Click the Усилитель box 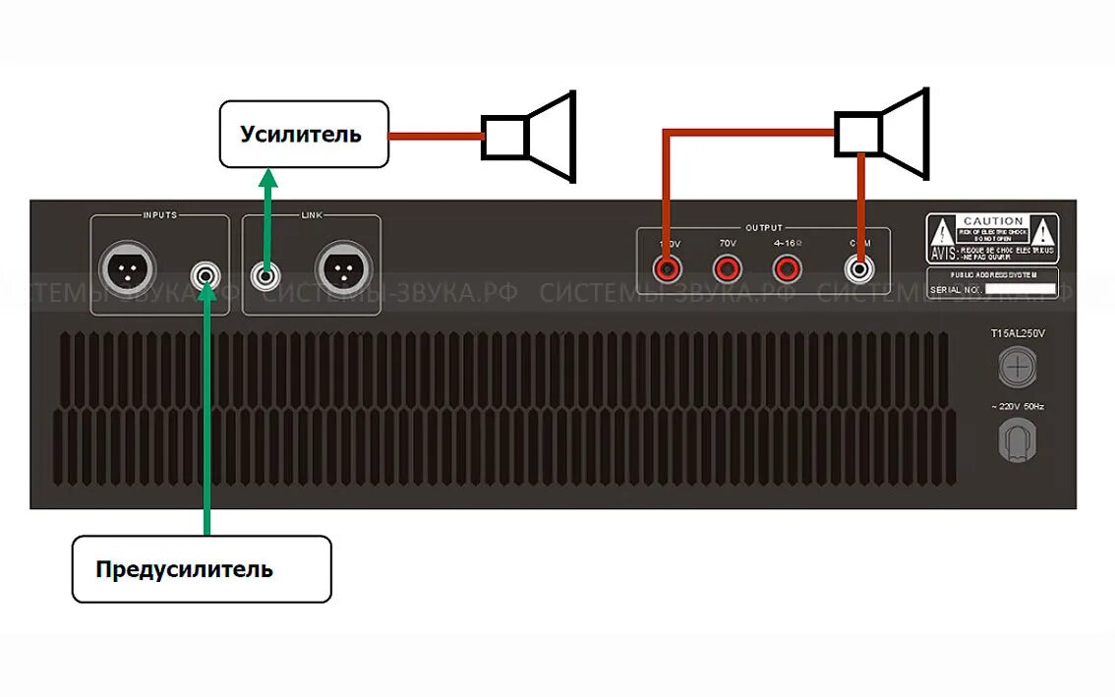[x=303, y=134]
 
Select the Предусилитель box [x=202, y=568]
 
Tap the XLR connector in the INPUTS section [x=128, y=268]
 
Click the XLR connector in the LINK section [x=343, y=268]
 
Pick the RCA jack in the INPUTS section [x=205, y=274]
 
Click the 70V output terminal [x=728, y=266]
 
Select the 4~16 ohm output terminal [x=786, y=266]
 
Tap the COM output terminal [x=860, y=266]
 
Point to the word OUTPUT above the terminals [x=764, y=228]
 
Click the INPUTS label [x=160, y=214]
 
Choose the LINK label [x=312, y=214]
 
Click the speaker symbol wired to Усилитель [x=528, y=137]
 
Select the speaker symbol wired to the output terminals [x=882, y=134]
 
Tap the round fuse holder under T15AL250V [x=1018, y=370]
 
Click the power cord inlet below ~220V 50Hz [x=1018, y=439]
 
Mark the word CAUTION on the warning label [x=993, y=221]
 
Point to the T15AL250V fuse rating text [x=1018, y=334]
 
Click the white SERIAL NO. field [x=1021, y=290]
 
